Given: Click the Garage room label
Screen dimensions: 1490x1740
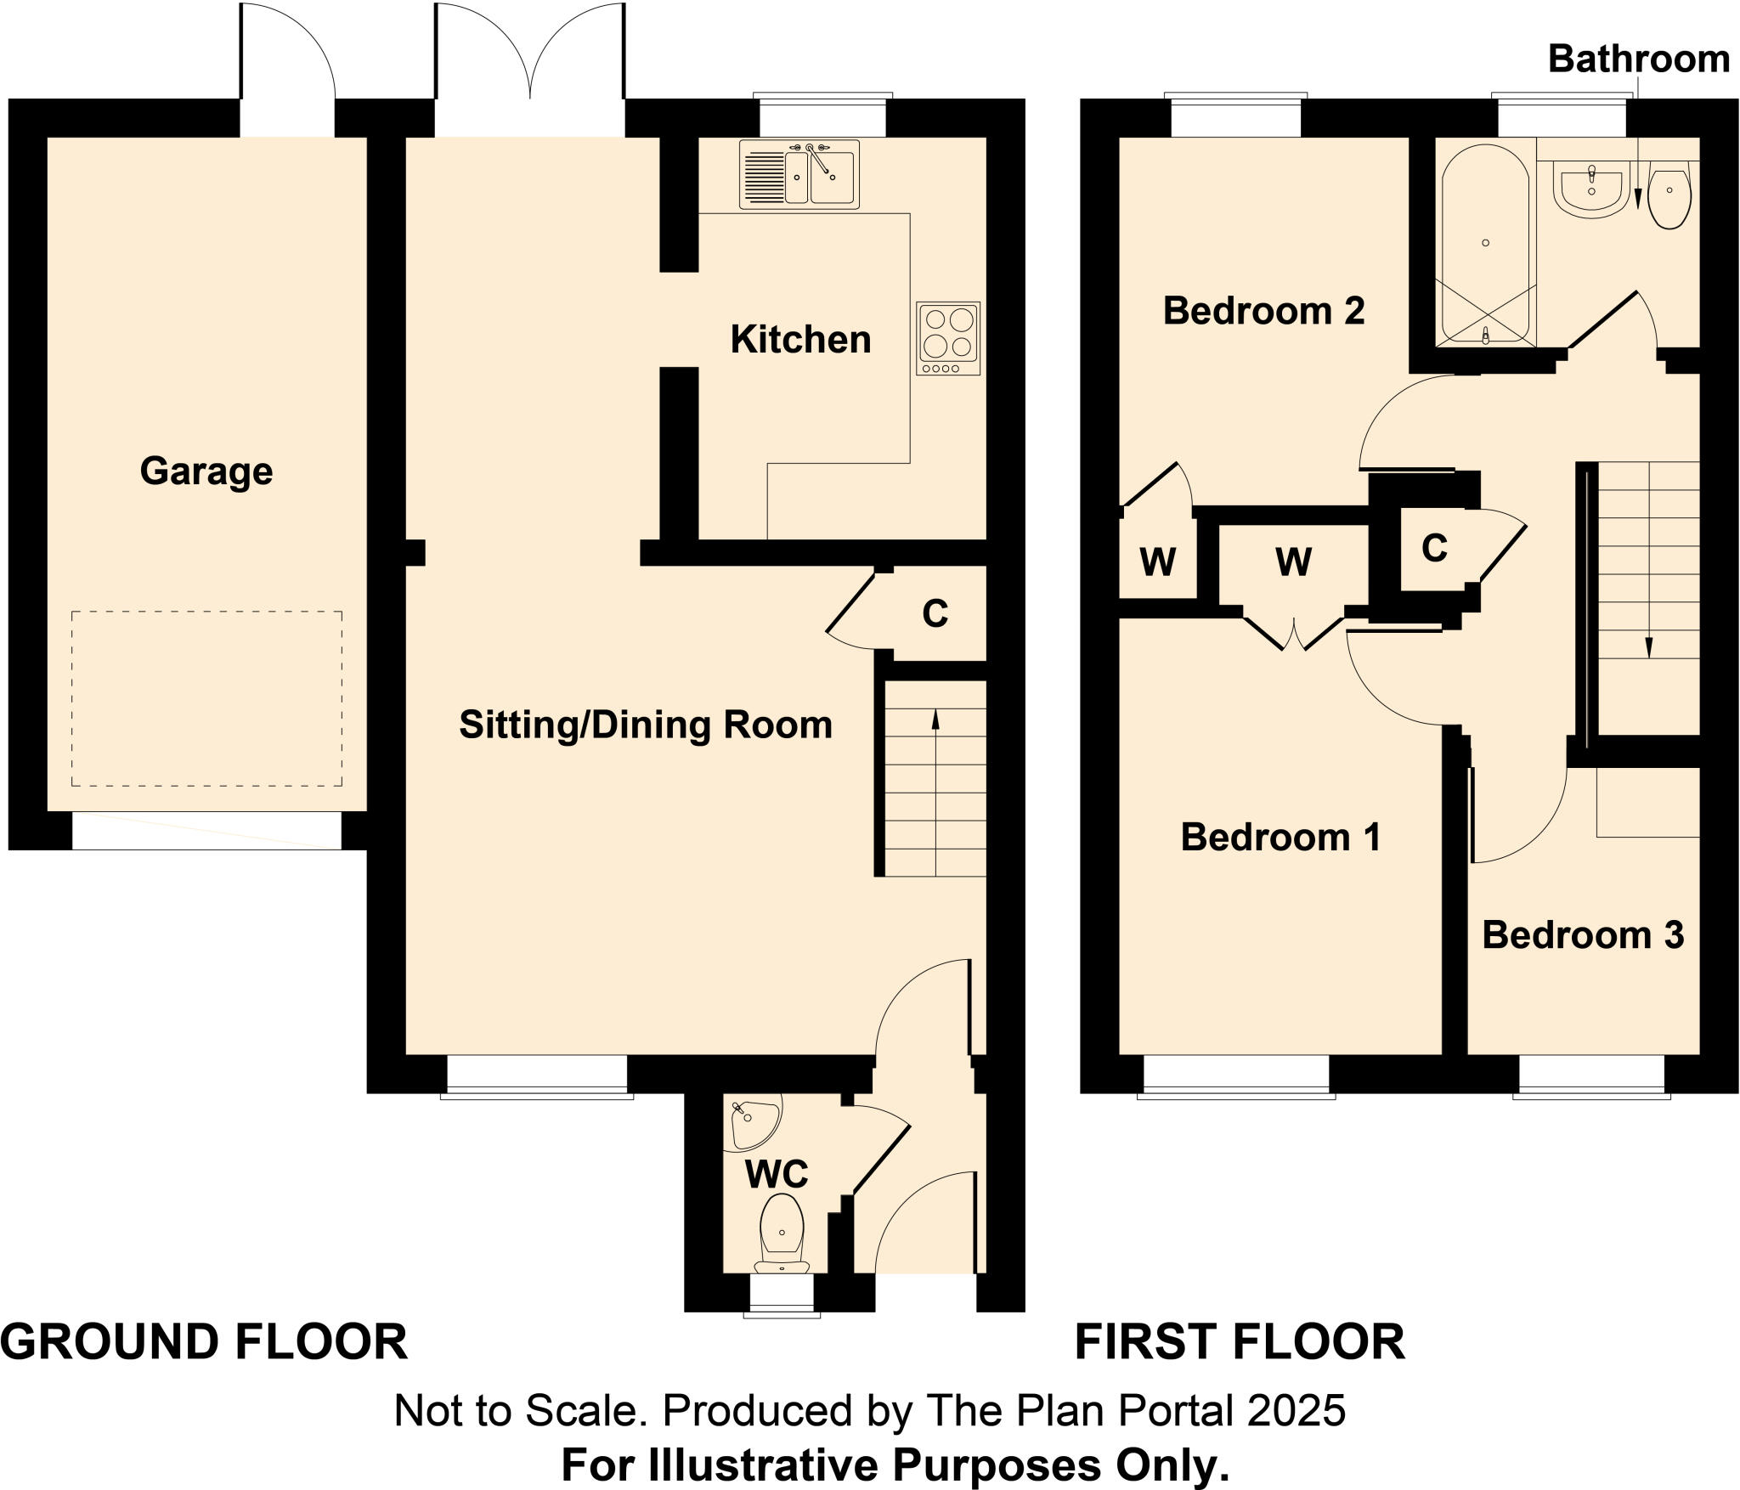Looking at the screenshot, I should click(x=206, y=471).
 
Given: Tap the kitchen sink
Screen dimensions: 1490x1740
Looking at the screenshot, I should click(x=799, y=175).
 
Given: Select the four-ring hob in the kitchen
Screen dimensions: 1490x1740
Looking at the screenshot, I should click(x=948, y=338).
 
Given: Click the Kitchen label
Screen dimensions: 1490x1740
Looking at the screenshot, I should click(x=800, y=340).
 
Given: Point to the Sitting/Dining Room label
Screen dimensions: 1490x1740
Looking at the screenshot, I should click(x=646, y=725).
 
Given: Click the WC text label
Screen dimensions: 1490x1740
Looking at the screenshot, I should click(x=776, y=1175).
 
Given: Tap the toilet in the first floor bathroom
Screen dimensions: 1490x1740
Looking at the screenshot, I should click(x=1669, y=195).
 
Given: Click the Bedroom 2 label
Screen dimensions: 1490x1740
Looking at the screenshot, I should click(x=1263, y=311).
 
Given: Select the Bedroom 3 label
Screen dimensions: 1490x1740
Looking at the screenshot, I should click(x=1583, y=935).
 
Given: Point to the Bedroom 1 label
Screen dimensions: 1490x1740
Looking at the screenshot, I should click(x=1280, y=838).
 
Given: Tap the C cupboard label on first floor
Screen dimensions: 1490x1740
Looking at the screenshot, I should click(x=1434, y=549).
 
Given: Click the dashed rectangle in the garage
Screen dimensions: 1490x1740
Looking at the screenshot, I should click(x=206, y=698).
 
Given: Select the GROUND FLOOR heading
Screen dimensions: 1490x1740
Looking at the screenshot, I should click(x=204, y=1343).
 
